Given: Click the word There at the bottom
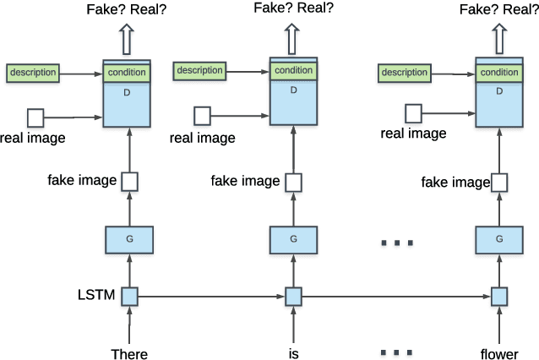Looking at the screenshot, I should coord(129,353).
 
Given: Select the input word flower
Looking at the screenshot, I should coord(498,353).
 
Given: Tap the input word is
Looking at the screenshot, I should coord(293,353).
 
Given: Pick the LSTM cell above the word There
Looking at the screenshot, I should coord(129,297).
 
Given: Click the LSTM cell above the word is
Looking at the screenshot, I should coord(293,297).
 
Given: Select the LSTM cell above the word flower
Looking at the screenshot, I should coord(498,297).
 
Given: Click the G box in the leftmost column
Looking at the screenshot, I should coord(129,240).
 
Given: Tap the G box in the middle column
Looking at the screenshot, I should coord(293,240).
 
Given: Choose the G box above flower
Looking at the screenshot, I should coord(498,240).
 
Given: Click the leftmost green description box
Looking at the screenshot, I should coord(33,73).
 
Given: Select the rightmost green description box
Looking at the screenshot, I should coord(405,73).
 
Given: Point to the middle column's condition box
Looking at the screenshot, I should coord(293,71).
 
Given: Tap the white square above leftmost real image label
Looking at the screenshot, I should coord(35,117).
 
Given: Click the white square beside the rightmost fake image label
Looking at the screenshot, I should coord(499,182).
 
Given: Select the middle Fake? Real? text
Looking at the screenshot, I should coord(293,8).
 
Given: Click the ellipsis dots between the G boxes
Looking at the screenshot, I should coord(396,243).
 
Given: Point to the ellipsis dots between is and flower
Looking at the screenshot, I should coord(396,352).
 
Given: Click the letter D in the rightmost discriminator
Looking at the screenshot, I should coord(498,90).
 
